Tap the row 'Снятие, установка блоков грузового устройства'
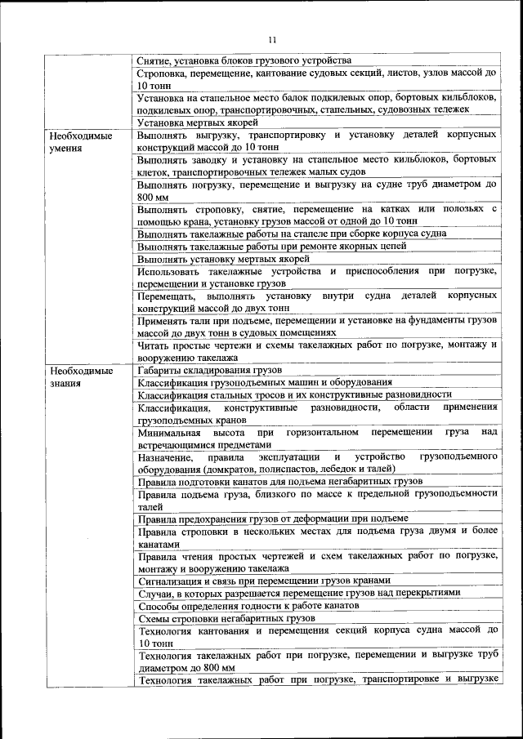[244, 60]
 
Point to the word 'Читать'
[154, 344]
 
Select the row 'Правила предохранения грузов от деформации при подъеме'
[273, 518]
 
